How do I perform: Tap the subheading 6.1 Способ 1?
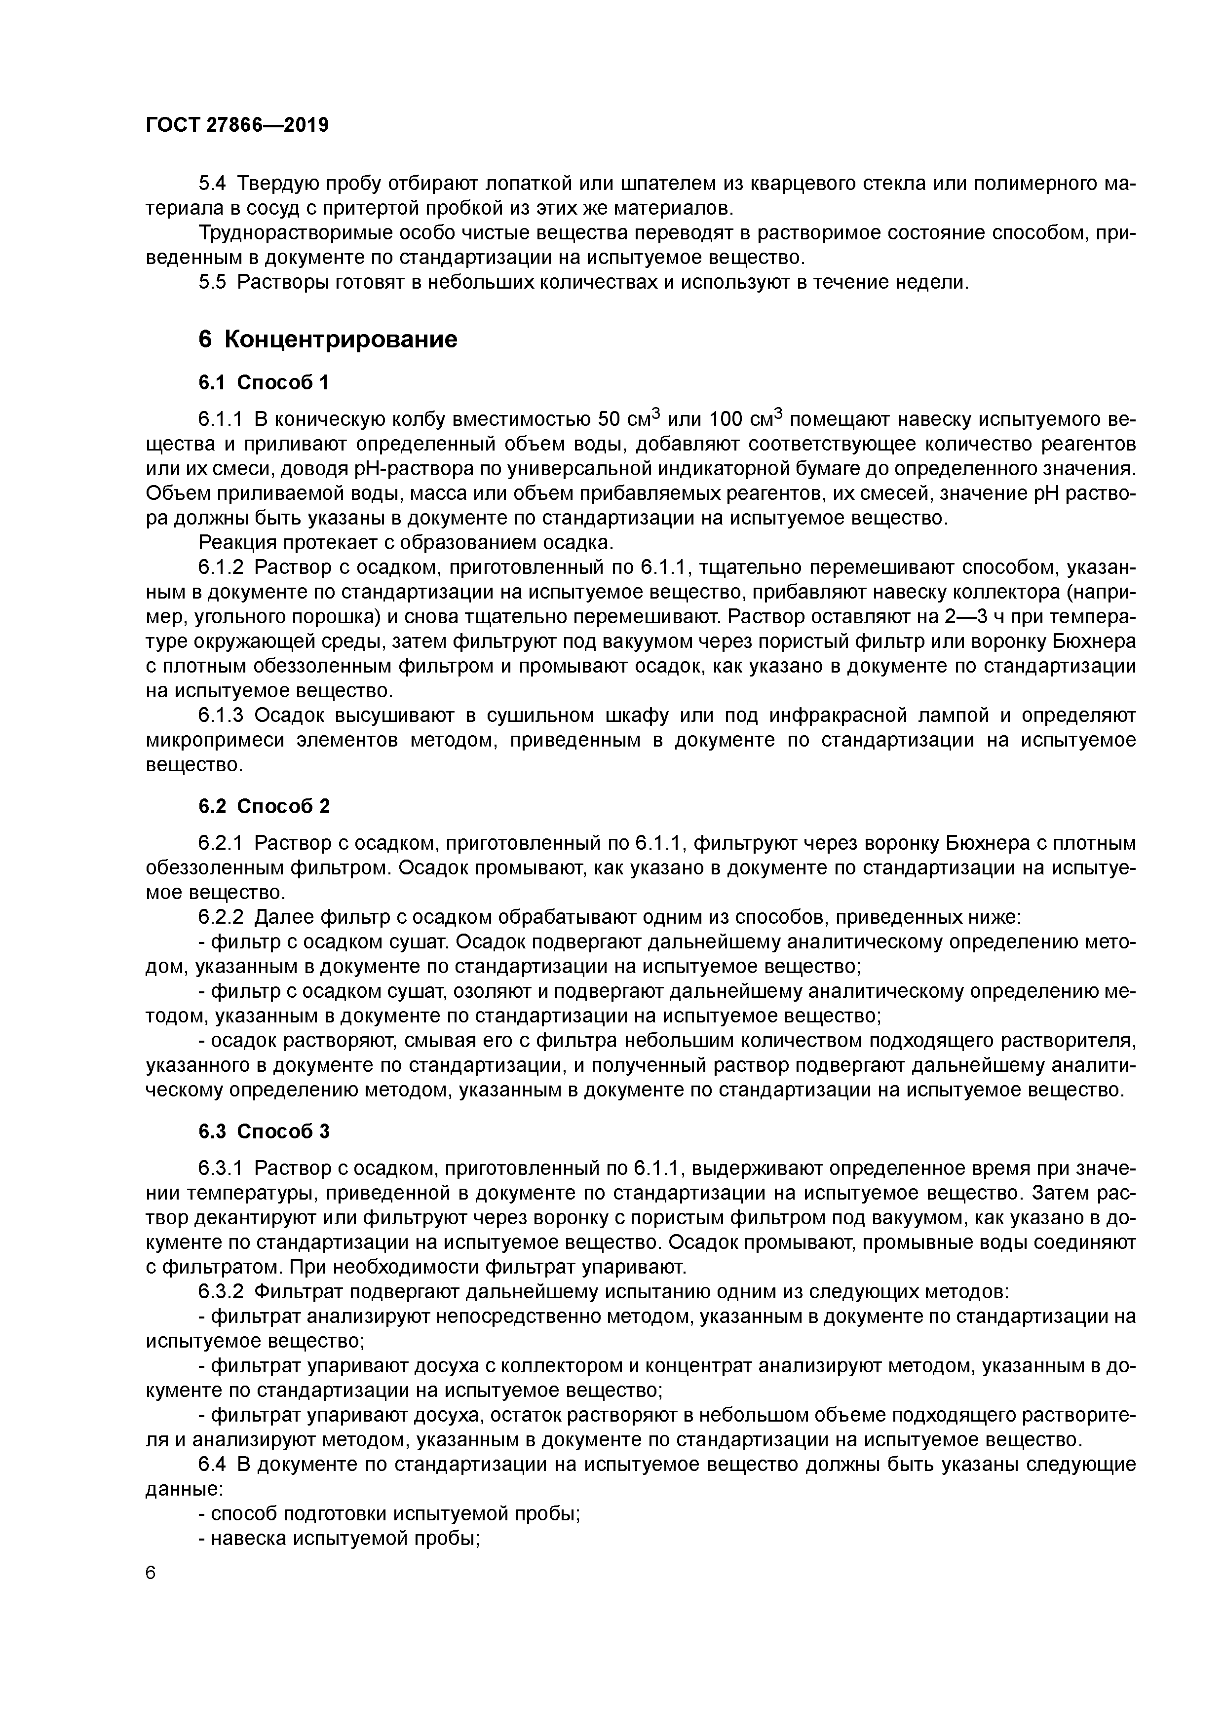[x=263, y=382]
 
